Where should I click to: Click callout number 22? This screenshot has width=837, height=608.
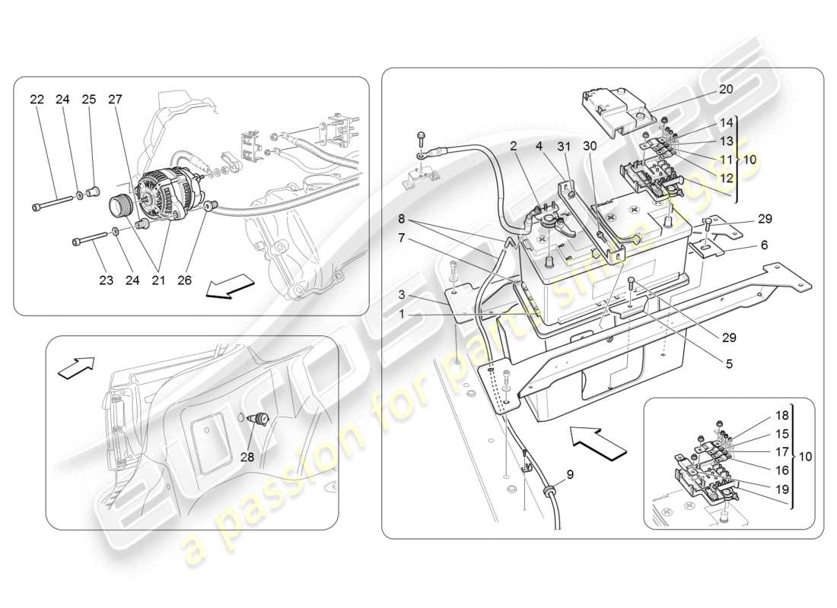[x=37, y=100]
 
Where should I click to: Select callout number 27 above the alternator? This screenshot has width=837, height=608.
[x=115, y=100]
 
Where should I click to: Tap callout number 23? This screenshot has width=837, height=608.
[x=106, y=281]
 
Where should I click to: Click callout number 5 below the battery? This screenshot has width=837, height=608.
[x=728, y=363]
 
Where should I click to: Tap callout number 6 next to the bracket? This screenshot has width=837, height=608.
[x=764, y=245]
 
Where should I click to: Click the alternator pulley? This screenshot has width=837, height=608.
[x=121, y=206]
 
